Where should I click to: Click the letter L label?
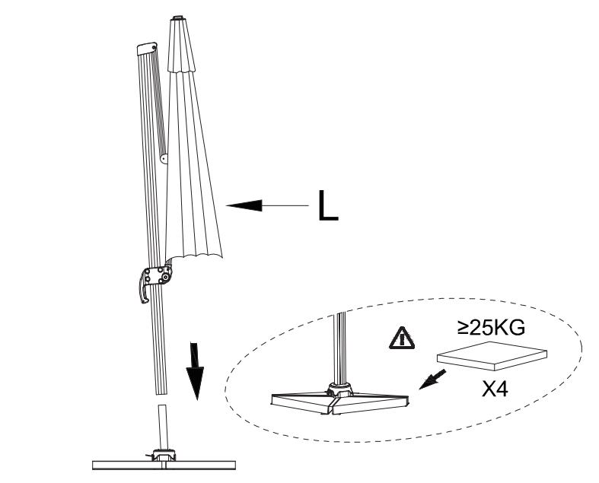[328, 205]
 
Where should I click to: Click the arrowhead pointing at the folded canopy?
[244, 205]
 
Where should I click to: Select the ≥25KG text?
[491, 328]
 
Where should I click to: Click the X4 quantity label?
[495, 390]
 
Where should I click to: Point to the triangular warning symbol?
[402, 338]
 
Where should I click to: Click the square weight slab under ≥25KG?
[492, 356]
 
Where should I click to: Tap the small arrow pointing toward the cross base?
[432, 379]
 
